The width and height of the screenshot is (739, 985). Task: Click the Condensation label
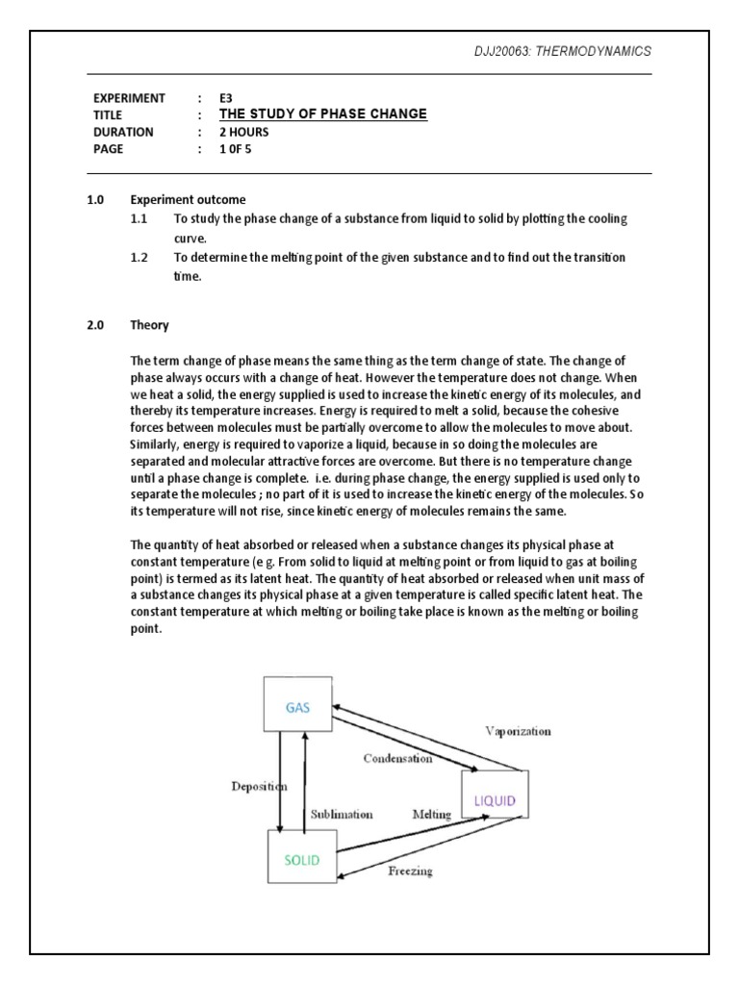click(397, 758)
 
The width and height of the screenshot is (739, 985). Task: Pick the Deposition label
click(259, 786)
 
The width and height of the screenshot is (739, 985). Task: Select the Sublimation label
click(342, 814)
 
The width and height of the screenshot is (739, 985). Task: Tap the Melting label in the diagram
click(432, 814)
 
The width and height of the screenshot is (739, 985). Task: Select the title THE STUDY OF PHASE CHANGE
click(322, 114)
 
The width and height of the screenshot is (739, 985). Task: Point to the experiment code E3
click(226, 98)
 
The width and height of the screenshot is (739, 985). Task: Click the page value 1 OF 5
click(241, 149)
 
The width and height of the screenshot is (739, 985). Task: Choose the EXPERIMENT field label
click(129, 98)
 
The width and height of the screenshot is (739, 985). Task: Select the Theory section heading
click(150, 325)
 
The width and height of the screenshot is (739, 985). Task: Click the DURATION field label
click(124, 132)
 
